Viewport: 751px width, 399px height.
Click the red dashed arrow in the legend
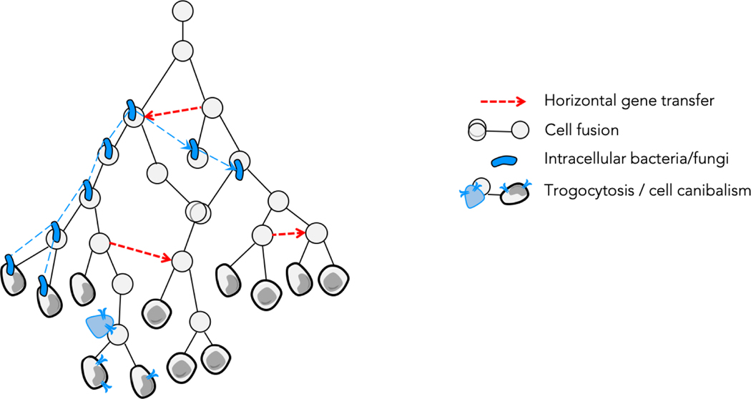494,101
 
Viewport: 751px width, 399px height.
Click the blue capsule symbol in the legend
494,159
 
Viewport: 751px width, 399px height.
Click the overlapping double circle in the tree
198,212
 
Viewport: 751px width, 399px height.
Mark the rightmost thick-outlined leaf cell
331,280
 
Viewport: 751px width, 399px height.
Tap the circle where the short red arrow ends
316,232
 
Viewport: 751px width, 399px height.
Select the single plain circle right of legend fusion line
521,130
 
